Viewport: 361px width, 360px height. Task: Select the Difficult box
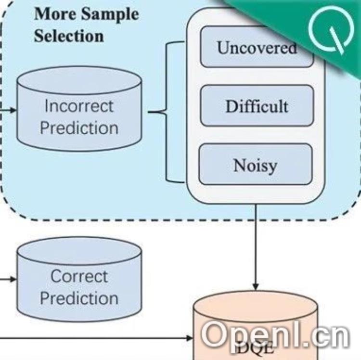(x=257, y=106)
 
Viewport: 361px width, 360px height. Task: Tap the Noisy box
(x=256, y=165)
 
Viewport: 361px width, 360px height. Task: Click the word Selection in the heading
(x=68, y=36)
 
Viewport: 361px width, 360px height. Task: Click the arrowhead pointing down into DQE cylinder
(x=256, y=286)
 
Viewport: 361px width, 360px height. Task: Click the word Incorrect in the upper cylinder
(x=79, y=105)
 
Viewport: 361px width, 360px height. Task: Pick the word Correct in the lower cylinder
(x=79, y=276)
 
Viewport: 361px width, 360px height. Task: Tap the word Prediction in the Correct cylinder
(x=79, y=298)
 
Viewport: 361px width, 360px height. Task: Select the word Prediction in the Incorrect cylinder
(x=79, y=128)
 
